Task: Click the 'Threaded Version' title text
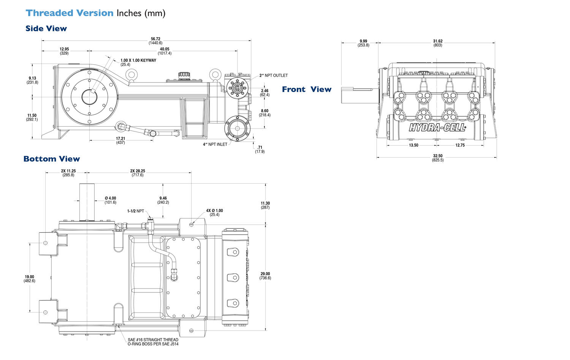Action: click(x=70, y=13)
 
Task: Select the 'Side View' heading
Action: click(x=46, y=29)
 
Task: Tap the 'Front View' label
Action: click(x=306, y=89)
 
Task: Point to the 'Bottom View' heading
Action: click(x=52, y=159)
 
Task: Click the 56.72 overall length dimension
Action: click(x=155, y=41)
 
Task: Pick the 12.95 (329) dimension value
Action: click(x=64, y=51)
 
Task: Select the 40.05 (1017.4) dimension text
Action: click(x=165, y=51)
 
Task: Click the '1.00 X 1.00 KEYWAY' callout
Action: click(x=138, y=60)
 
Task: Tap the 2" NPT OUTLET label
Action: click(x=274, y=75)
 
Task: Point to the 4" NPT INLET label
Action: click(x=215, y=144)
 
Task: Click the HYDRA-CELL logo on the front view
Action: click(x=437, y=128)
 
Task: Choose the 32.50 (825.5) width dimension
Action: click(x=438, y=158)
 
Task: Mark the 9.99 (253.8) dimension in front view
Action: click(x=363, y=43)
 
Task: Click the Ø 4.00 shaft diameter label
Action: click(x=110, y=200)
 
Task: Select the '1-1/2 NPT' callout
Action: click(x=136, y=211)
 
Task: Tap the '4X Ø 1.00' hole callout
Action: click(x=214, y=213)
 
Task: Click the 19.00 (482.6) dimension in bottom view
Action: click(x=29, y=279)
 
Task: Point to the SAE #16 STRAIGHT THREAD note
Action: click(x=153, y=342)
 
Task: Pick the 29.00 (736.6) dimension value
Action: click(x=265, y=276)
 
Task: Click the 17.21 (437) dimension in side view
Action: click(x=120, y=140)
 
